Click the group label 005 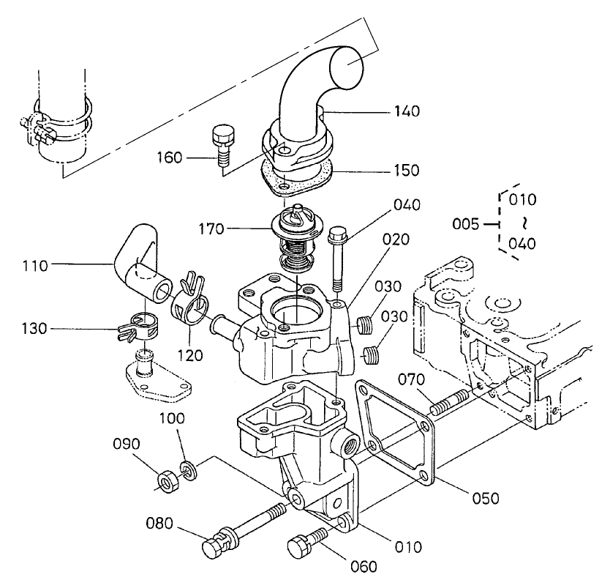coord(465,223)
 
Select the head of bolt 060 coord(299,546)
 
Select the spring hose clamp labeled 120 coord(192,300)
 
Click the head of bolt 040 coord(337,236)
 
